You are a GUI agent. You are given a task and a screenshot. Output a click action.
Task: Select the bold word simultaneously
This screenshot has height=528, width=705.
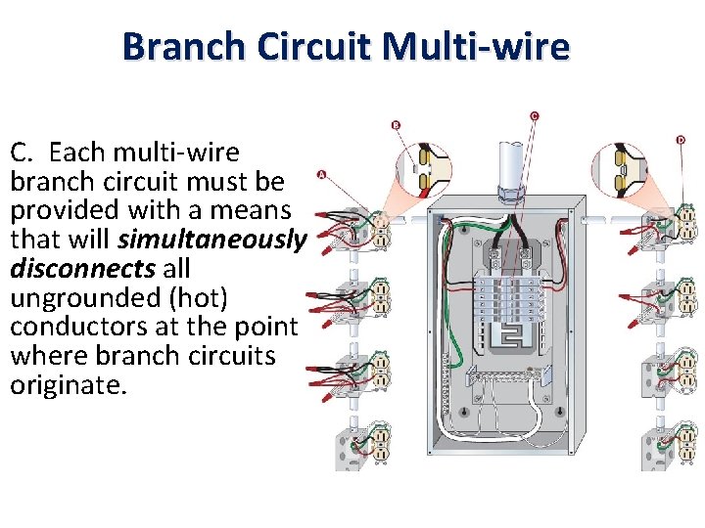[212, 240]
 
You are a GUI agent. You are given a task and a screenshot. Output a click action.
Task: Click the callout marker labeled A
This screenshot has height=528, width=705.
[321, 176]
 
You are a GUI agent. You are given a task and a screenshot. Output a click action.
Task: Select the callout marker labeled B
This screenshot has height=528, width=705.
[396, 125]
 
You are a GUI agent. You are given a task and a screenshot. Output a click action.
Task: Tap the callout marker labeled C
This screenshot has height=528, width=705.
[534, 115]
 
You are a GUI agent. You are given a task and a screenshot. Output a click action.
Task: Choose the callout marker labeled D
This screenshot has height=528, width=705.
[680, 140]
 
